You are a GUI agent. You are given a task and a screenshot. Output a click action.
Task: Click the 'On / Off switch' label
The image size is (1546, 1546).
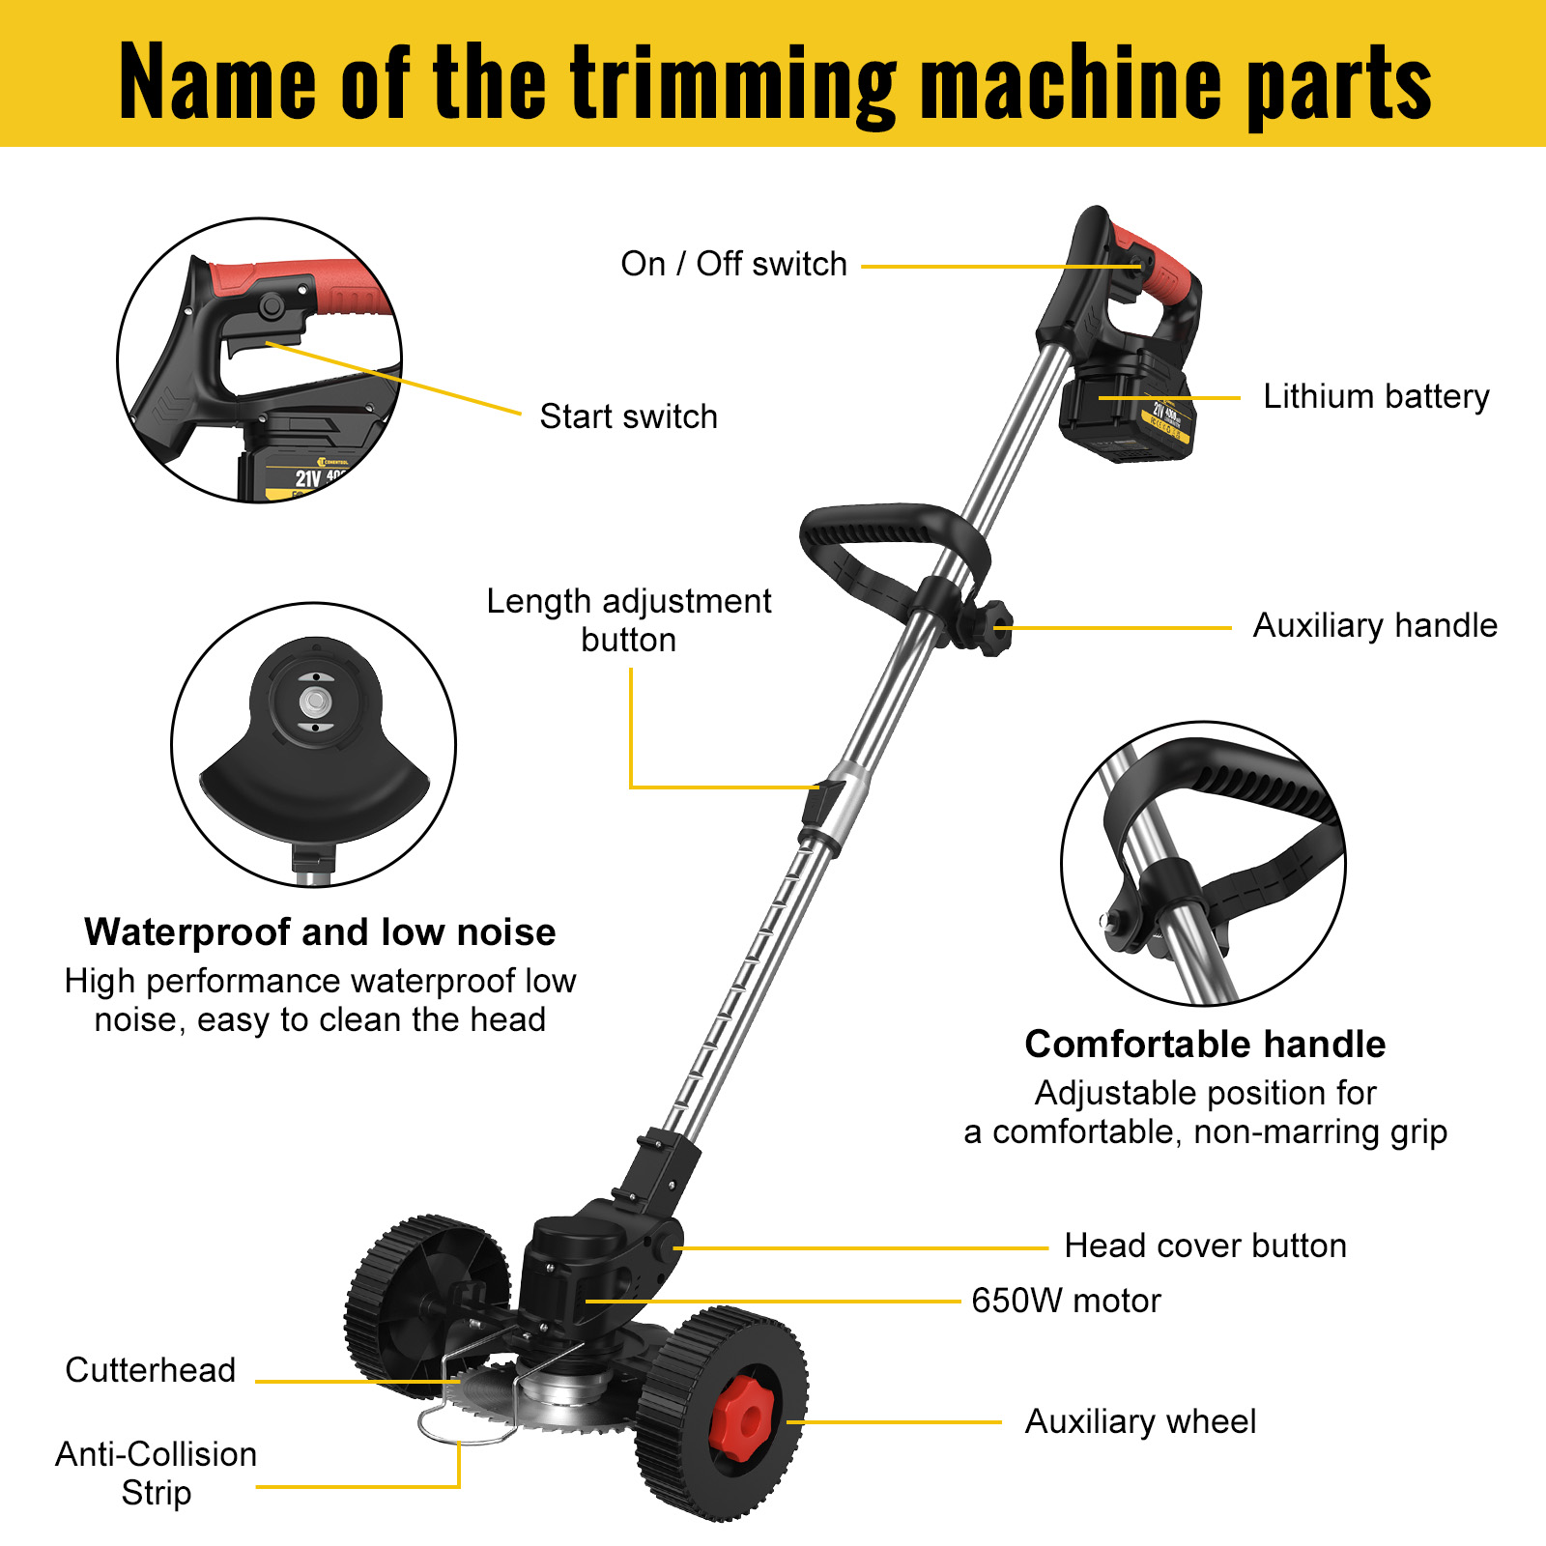[733, 264]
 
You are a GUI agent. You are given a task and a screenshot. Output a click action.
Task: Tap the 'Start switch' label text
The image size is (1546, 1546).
[628, 416]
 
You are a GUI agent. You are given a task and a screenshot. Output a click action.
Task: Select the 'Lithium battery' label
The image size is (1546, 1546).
[1376, 396]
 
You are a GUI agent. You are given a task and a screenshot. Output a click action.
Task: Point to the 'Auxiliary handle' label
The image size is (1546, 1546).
[1374, 625]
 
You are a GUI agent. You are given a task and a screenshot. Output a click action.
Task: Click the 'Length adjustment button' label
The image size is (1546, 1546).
[628, 620]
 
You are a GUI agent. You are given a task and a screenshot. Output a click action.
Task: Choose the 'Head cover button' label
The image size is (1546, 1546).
[1205, 1245]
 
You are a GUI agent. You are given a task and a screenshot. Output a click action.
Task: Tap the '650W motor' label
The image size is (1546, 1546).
[1066, 1301]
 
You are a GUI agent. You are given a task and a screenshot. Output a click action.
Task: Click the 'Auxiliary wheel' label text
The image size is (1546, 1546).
[1140, 1421]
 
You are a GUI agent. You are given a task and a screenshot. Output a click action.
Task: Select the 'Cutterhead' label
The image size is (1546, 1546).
[151, 1370]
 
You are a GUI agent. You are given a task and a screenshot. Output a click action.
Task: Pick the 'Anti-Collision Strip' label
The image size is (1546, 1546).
[157, 1474]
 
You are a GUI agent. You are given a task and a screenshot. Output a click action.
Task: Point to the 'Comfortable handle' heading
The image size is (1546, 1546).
[1205, 1045]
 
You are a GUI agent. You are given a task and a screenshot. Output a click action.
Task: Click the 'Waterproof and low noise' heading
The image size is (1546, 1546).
[320, 932]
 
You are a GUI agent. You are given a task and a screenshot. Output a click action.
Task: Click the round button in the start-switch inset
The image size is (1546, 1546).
[272, 306]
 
